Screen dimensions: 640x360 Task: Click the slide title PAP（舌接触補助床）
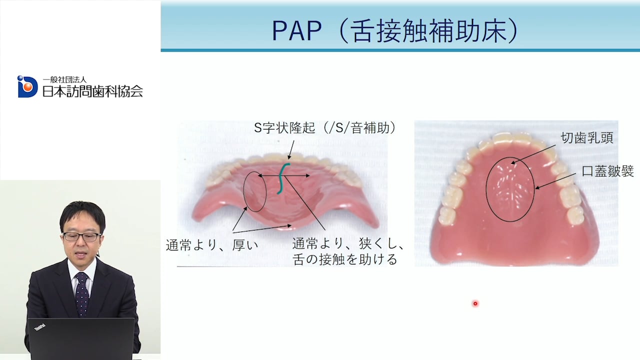click(x=395, y=30)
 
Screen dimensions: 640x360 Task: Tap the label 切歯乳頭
click(x=587, y=138)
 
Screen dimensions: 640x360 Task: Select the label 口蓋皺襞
click(x=607, y=171)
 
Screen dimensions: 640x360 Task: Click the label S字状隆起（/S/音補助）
click(x=325, y=128)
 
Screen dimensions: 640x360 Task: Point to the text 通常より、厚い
click(x=211, y=245)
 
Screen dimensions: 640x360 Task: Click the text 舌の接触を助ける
click(x=344, y=259)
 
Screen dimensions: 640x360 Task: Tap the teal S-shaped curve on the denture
click(x=283, y=178)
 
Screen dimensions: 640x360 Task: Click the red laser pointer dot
click(x=475, y=303)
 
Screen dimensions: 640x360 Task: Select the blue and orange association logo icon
click(x=27, y=86)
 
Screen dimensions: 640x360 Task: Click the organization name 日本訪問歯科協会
click(x=92, y=91)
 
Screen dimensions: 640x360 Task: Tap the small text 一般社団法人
click(x=64, y=79)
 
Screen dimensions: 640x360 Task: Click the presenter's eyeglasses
click(x=82, y=236)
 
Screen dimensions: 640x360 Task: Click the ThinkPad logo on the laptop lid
click(x=40, y=327)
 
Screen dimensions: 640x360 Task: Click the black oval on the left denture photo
click(x=243, y=191)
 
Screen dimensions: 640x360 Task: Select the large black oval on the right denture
click(x=486, y=189)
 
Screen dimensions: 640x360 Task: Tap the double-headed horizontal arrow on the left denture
click(x=283, y=175)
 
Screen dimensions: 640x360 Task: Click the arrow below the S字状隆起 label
click(x=291, y=149)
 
